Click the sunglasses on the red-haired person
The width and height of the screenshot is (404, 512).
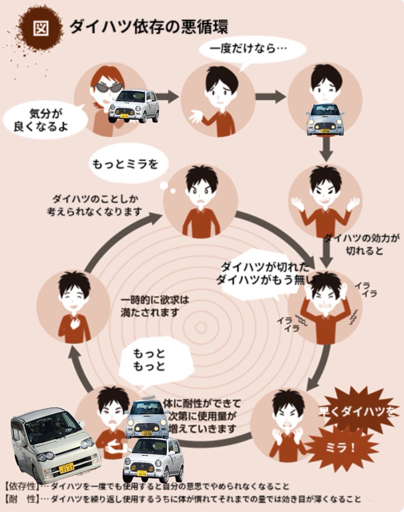click(x=108, y=87)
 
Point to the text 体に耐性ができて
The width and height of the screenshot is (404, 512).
click(x=202, y=402)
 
